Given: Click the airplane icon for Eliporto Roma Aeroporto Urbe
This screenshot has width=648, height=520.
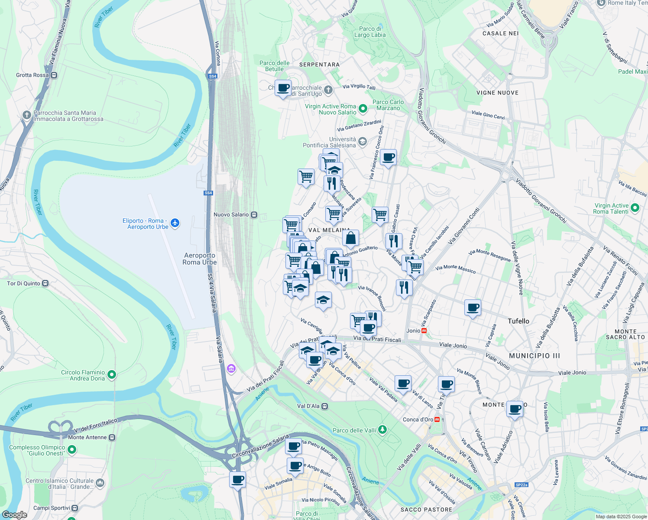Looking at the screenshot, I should pyautogui.click(x=175, y=223).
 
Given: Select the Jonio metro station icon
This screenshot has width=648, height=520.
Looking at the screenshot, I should pyautogui.click(x=424, y=331).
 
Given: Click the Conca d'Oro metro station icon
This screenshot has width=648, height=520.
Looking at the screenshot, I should pyautogui.click(x=437, y=419).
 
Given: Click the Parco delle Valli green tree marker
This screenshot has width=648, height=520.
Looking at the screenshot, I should pyautogui.click(x=382, y=429).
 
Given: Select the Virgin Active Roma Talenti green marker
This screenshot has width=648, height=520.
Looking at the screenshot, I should pyautogui.click(x=635, y=208).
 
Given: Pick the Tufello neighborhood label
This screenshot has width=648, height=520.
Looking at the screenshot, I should pyautogui.click(x=518, y=321).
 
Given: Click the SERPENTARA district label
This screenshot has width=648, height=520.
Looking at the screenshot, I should pyautogui.click(x=319, y=65).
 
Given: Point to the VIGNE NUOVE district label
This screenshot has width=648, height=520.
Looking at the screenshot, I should pyautogui.click(x=497, y=93).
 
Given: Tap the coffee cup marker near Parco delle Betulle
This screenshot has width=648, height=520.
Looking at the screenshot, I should pyautogui.click(x=283, y=88).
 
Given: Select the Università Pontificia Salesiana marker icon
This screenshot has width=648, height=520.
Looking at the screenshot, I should pyautogui.click(x=363, y=141).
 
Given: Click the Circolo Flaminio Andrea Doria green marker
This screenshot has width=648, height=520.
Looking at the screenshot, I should pyautogui.click(x=112, y=374).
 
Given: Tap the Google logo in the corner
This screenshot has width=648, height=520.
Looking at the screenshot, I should pyautogui.click(x=14, y=515).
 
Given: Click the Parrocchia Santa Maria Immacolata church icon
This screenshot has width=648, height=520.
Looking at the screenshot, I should pyautogui.click(x=27, y=115).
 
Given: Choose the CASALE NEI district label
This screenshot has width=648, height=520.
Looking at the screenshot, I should pyautogui.click(x=500, y=33).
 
